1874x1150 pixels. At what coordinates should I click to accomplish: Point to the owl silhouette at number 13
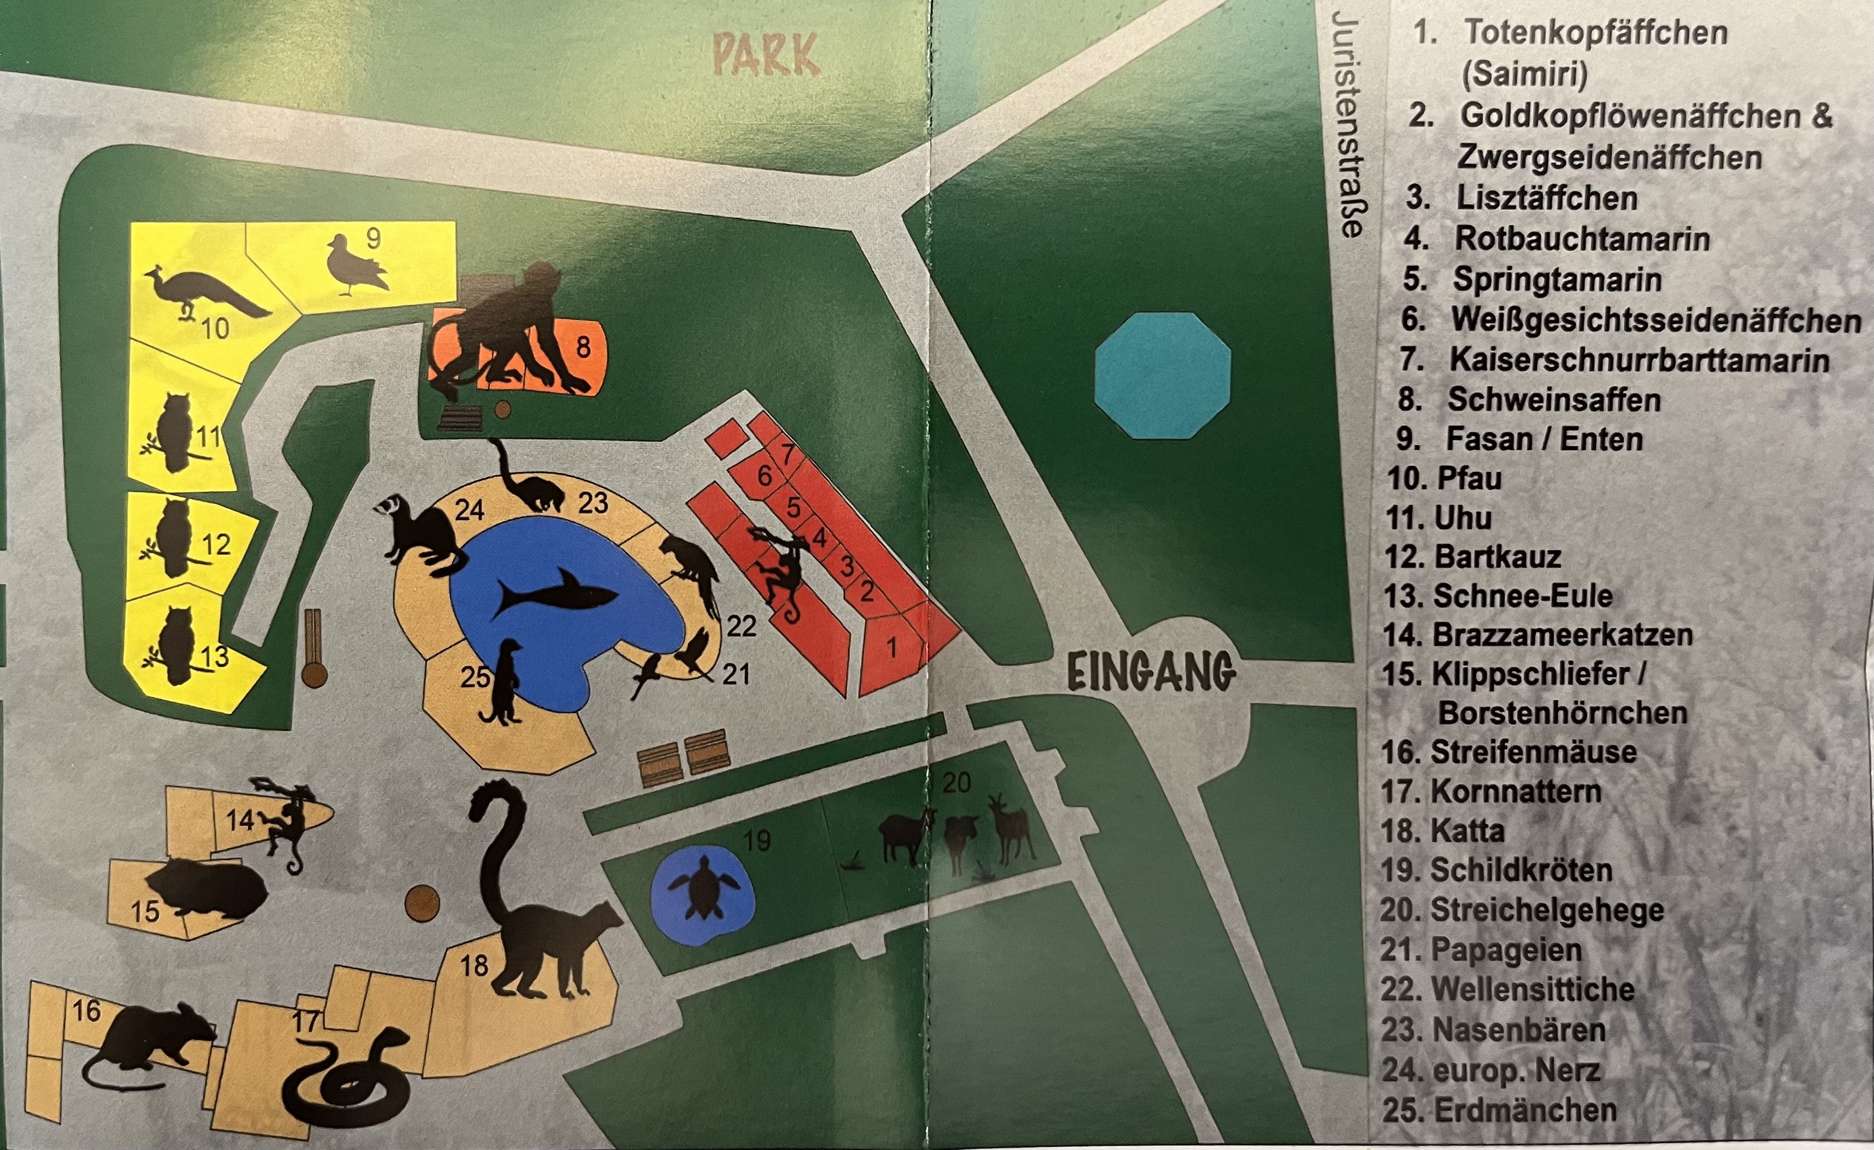tap(176, 645)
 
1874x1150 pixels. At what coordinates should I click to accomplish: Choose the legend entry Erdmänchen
tap(1524, 1110)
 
